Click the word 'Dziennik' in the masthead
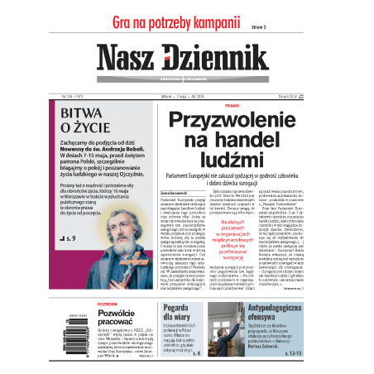click(x=218, y=57)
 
